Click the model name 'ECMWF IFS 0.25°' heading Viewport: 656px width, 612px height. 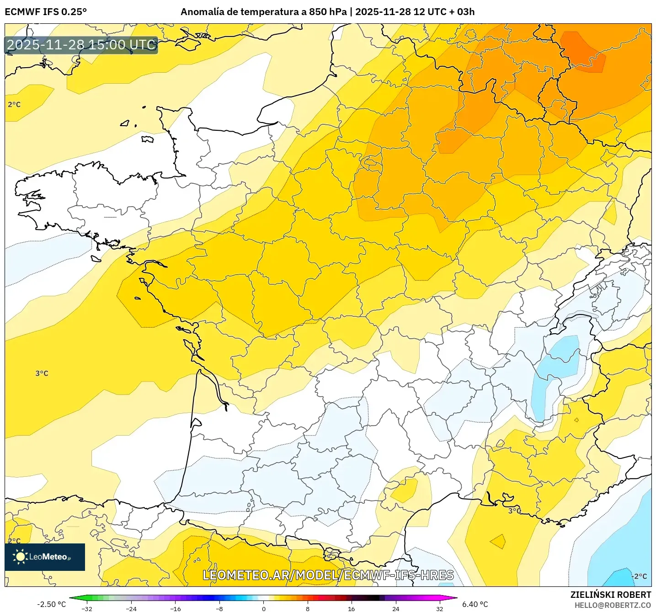pos(46,12)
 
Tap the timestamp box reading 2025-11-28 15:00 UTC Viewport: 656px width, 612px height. pos(81,45)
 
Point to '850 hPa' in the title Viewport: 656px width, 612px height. pos(327,12)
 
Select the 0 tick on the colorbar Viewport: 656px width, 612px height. pos(263,608)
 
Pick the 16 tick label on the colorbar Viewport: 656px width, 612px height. pos(351,608)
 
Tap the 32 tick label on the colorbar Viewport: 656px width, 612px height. pos(439,608)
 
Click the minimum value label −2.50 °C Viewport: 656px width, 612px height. pos(51,604)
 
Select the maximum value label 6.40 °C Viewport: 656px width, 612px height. pos(475,604)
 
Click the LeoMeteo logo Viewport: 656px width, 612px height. pos(45,557)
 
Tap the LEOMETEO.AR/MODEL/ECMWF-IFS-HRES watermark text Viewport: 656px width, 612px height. pos(328,575)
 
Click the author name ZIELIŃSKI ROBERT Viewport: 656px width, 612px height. pos(610,595)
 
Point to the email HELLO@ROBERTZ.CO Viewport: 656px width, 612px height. pos(613,605)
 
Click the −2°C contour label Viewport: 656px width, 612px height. pos(640,576)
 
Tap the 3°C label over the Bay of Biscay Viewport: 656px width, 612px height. pos(42,373)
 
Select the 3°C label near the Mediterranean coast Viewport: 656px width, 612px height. pos(514,511)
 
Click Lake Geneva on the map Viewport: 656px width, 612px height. pos(580,315)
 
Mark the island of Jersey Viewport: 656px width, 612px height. pos(147,139)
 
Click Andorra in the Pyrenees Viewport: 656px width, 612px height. pos(330,554)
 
